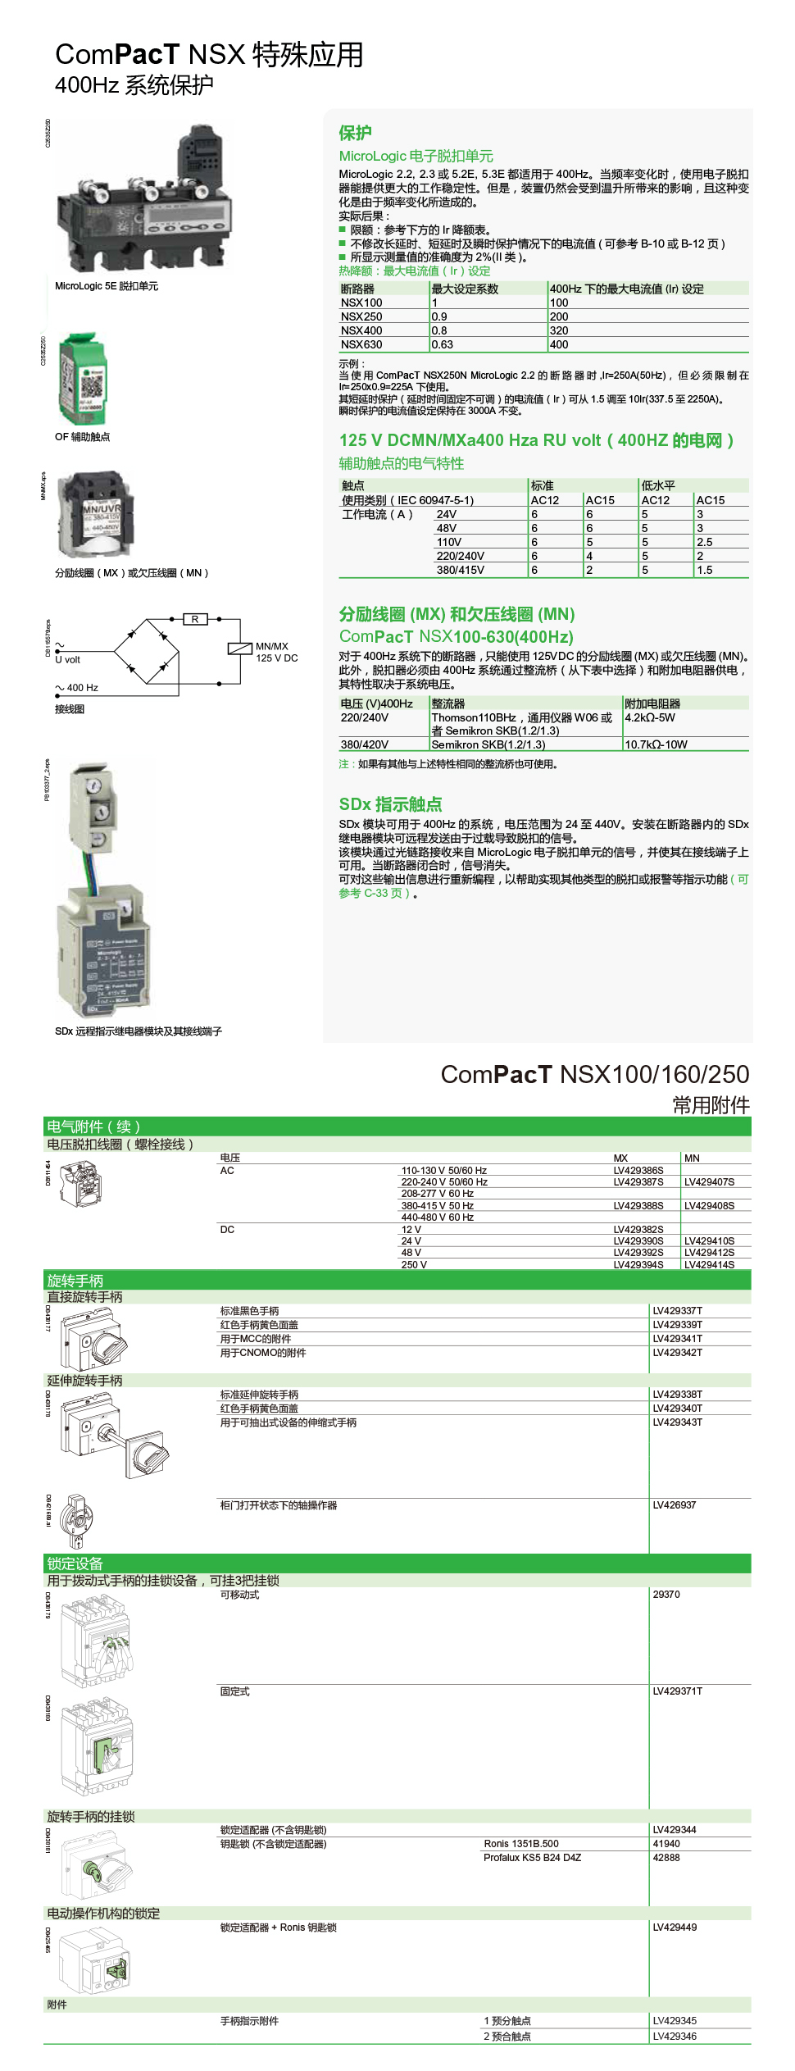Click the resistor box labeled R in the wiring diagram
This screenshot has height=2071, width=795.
[195, 619]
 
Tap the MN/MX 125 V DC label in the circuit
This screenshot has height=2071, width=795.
[276, 652]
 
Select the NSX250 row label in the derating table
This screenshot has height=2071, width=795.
[361, 316]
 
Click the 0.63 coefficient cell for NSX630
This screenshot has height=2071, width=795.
[443, 344]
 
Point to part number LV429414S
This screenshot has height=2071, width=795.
[709, 1264]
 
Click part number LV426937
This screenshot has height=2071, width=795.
[674, 1504]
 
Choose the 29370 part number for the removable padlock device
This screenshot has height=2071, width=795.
[666, 1594]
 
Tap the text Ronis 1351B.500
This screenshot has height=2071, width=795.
[520, 1843]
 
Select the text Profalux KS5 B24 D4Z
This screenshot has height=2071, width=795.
[532, 1857]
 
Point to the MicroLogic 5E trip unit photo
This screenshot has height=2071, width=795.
[143, 197]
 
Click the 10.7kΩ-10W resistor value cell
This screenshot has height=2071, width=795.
[656, 744]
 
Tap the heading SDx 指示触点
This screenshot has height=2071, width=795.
[390, 804]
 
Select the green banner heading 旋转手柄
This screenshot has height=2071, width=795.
[75, 1280]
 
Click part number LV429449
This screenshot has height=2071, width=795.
[675, 1927]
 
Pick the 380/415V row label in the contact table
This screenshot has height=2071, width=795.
[460, 570]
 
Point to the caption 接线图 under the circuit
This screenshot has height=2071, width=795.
[70, 709]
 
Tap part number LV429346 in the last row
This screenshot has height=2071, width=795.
[675, 2036]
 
